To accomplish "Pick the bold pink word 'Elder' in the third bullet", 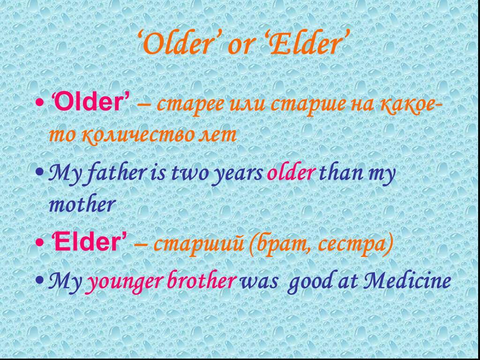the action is [x=87, y=242].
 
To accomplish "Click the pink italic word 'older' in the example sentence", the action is [x=290, y=173].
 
